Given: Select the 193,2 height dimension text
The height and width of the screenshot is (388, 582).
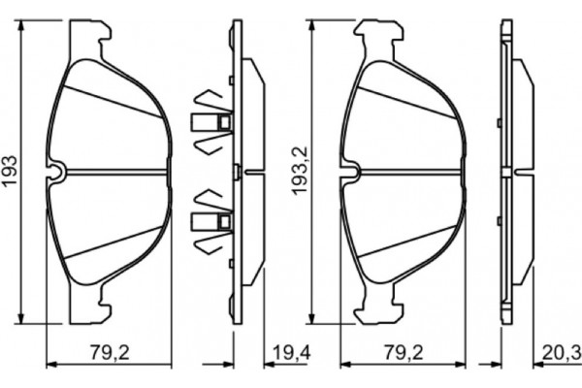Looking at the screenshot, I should pos(300,172).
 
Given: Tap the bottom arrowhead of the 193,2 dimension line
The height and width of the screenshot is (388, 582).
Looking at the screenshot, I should pos(311,320).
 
